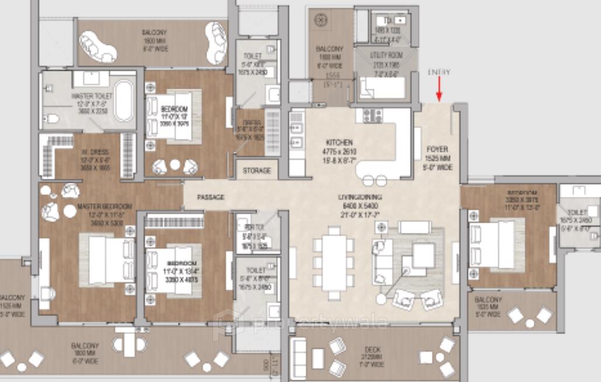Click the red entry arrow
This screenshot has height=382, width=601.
(x=439, y=91)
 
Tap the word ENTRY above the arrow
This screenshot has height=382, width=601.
(x=439, y=72)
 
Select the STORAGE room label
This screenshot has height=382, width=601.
(x=257, y=171)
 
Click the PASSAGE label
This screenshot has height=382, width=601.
(x=211, y=197)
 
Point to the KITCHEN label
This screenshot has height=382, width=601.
(x=339, y=142)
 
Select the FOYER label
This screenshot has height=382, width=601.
(x=437, y=149)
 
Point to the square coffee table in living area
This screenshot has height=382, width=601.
(x=423, y=255)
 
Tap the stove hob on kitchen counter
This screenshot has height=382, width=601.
(x=372, y=115)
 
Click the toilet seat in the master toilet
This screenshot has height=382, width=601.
(x=51, y=119)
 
